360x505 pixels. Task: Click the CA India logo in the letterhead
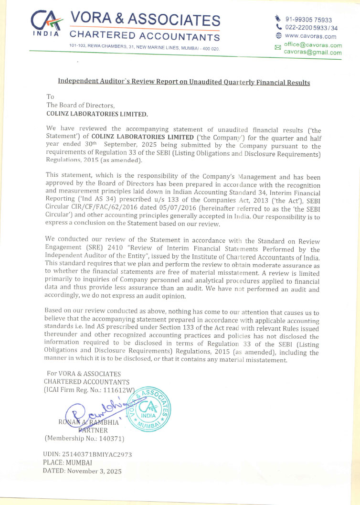point(46,23)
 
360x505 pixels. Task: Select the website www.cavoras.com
point(310,36)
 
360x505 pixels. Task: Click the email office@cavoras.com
point(313,45)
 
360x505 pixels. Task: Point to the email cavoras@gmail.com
point(313,53)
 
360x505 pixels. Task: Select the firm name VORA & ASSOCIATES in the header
point(145,20)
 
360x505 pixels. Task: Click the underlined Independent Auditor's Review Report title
point(184,82)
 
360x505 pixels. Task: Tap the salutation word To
point(50,97)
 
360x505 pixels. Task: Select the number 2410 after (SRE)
point(125,249)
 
